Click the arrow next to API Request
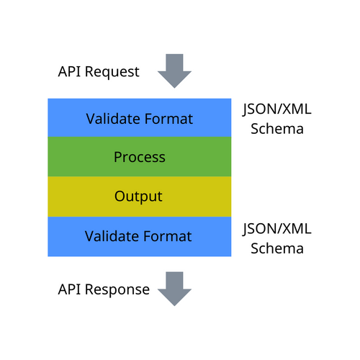coord(174,70)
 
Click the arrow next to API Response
coord(174,288)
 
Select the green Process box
coord(139,157)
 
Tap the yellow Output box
coord(139,197)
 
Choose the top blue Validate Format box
coord(139,118)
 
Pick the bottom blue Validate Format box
coord(139,236)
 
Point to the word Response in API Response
coord(117,290)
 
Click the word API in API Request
coord(70,72)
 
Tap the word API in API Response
coord(70,289)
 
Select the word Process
coord(139,157)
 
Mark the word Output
coord(139,197)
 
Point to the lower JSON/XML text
coord(276,230)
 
